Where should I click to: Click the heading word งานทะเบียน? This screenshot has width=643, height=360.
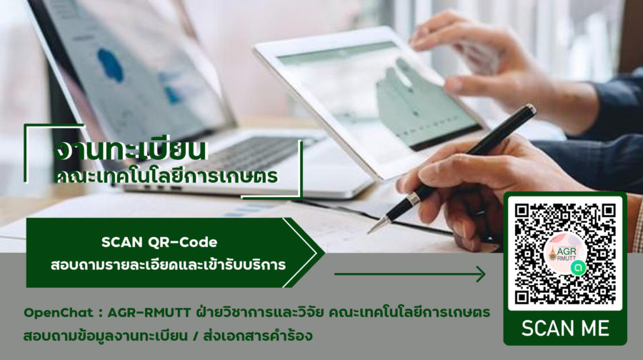pos(131,150)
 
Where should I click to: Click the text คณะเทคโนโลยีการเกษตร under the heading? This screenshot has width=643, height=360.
pos(166,176)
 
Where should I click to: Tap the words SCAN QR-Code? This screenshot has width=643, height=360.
pos(159,242)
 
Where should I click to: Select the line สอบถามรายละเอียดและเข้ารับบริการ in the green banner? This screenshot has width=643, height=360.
pos(168,264)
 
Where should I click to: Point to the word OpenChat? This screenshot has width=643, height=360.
pos(59,313)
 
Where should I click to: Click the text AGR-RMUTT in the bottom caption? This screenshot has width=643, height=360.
pos(149,313)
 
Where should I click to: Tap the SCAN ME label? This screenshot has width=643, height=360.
pos(565,329)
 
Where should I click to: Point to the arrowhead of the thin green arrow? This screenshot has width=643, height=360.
pos(481,274)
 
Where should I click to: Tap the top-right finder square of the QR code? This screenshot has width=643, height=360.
pos(609,211)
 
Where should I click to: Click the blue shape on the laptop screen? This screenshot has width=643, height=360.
pos(111,65)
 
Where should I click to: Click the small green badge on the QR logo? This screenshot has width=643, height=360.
pos(578,267)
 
